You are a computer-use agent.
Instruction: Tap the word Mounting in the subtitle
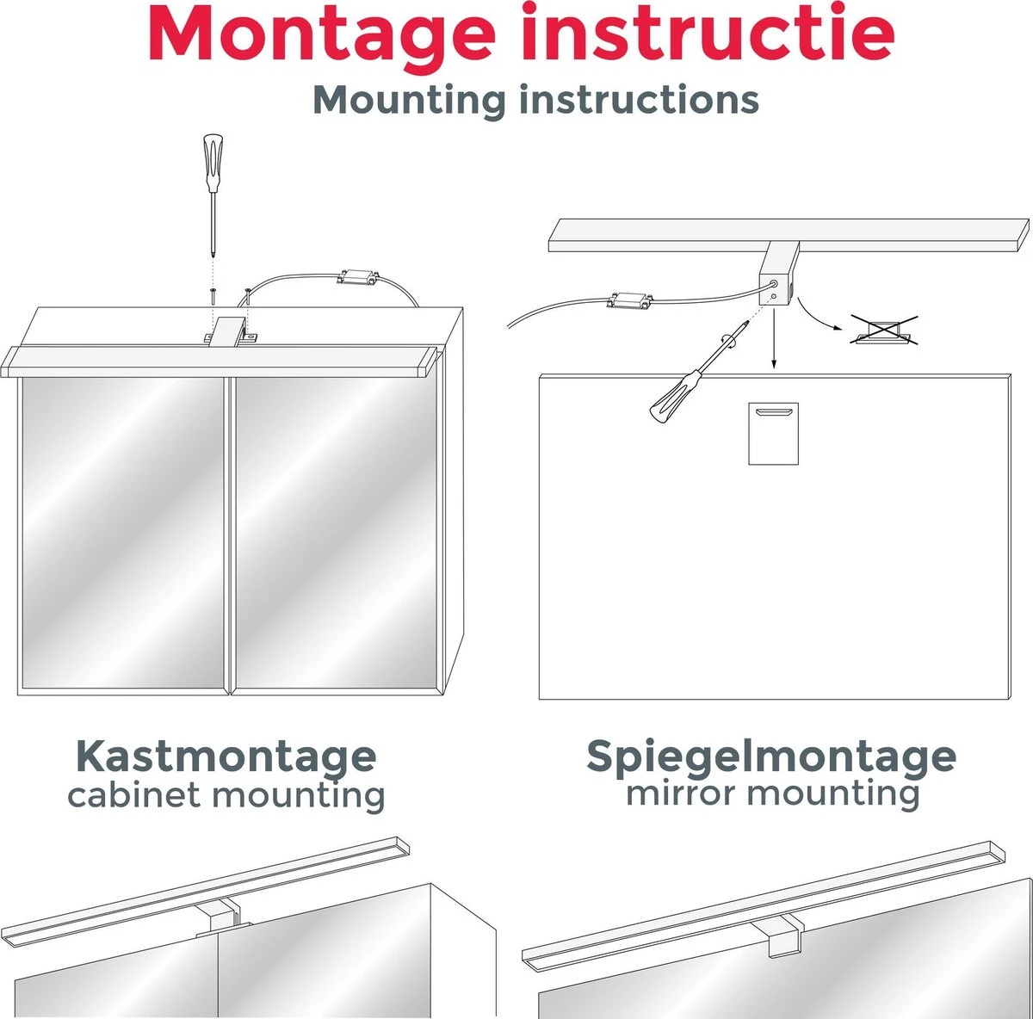tap(409, 100)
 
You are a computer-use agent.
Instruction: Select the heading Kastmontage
tap(226, 757)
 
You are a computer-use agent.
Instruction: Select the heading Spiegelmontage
tap(770, 757)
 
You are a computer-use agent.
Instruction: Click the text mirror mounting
tap(772, 793)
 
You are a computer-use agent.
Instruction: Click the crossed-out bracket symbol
tap(884, 330)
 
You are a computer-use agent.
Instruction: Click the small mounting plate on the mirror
tap(772, 433)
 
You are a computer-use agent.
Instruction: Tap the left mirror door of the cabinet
tap(123, 532)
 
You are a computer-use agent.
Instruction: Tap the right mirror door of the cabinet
tap(337, 532)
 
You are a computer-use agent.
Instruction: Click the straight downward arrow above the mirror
tap(773, 340)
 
